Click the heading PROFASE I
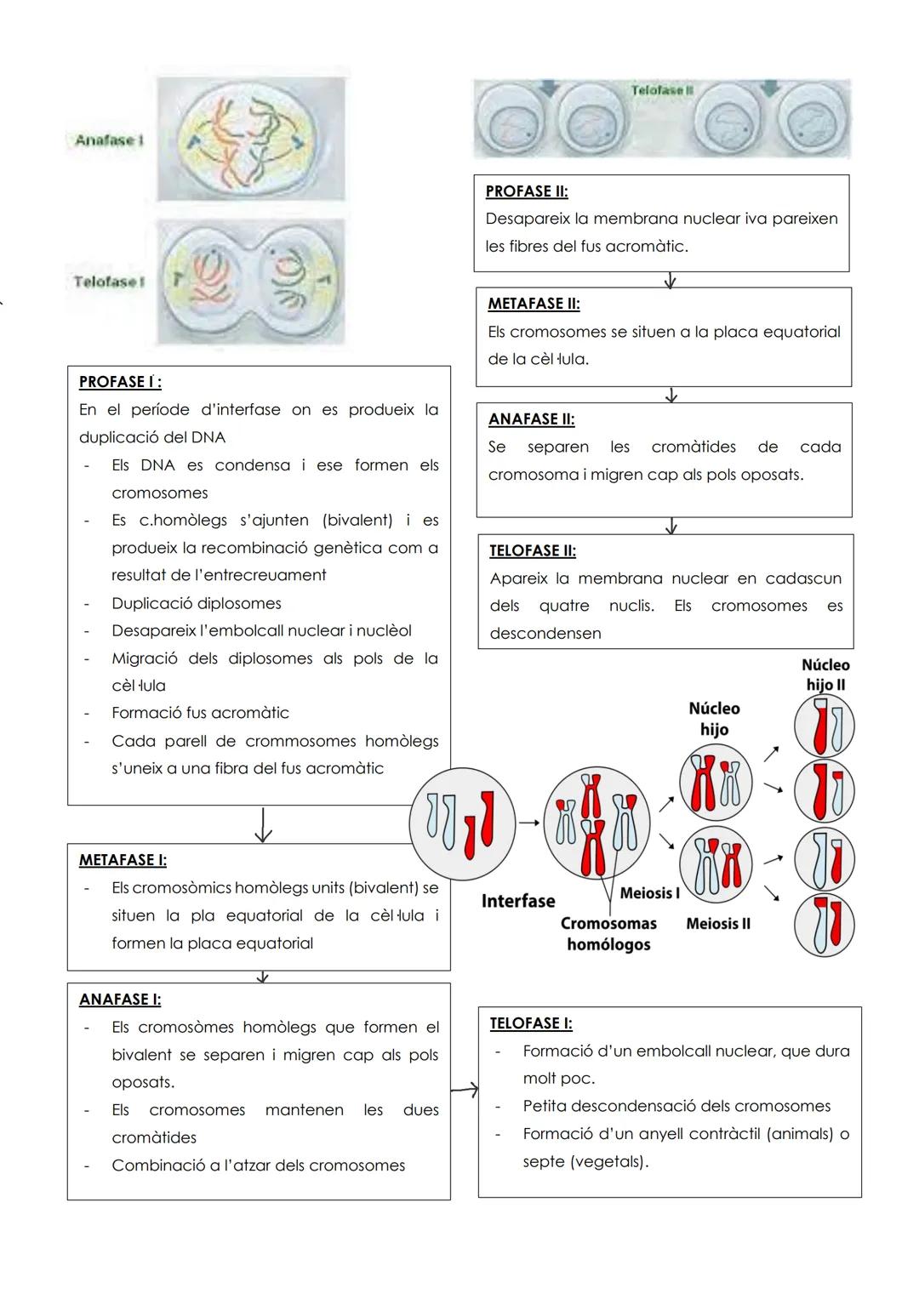120,382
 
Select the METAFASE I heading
123,860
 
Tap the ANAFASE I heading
120,1000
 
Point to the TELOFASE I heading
531,1023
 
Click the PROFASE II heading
527,191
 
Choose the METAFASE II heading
534,304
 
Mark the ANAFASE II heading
531,419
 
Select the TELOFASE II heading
533,551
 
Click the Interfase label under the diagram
517,901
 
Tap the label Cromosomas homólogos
608,934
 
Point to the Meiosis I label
649,893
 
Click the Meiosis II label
718,924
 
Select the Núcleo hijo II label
825,675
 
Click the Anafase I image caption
105,140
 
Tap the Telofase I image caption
106,282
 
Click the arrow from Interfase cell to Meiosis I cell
529,823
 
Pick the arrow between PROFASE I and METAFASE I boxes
263,824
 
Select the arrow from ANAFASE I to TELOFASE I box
465,1089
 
